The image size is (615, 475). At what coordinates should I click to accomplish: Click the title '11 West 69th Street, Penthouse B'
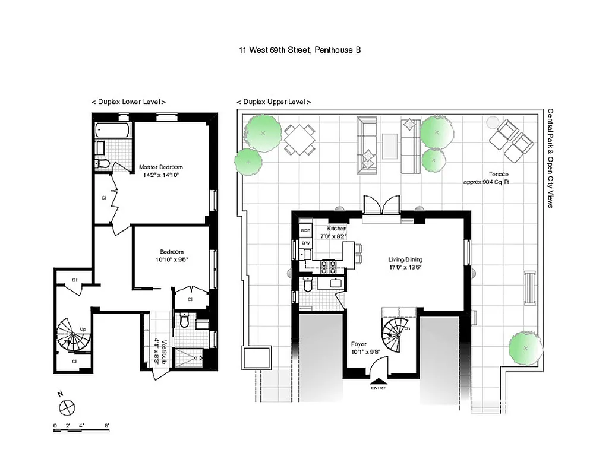(x=299, y=50)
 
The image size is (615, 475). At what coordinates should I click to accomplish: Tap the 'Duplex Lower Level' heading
(x=128, y=102)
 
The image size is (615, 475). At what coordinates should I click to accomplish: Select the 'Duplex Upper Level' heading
(x=273, y=102)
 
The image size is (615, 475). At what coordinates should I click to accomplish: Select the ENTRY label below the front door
(x=378, y=388)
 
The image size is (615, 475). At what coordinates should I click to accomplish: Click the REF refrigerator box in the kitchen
(x=305, y=230)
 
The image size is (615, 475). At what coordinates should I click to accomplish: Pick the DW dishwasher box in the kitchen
(x=305, y=243)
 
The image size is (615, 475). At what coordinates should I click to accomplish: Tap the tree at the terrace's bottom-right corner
(x=525, y=346)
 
